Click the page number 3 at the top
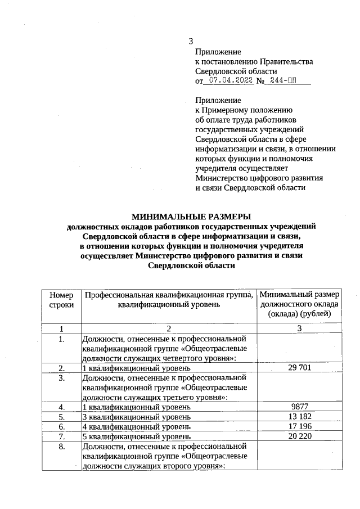point(191,41)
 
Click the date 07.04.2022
point(228,81)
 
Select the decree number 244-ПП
point(283,81)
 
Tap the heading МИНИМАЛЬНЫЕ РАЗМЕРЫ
point(191,216)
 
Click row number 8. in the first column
point(61,447)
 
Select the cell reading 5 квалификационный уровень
point(137,436)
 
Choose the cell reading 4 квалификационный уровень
point(137,426)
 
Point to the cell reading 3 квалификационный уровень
point(137,417)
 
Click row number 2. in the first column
point(61,368)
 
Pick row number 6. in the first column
point(61,426)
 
